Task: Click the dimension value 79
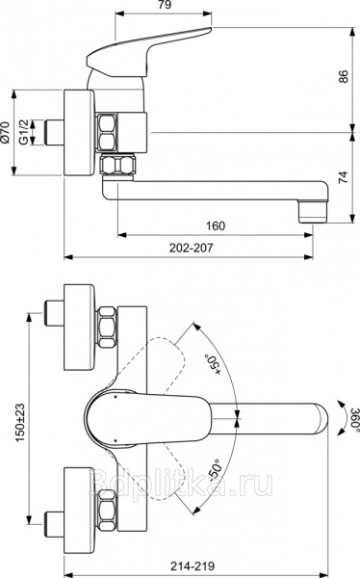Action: tap(165, 5)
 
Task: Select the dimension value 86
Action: tap(343, 76)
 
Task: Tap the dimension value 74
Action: tap(343, 177)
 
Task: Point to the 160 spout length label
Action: tap(216, 225)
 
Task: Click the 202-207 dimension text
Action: tap(192, 248)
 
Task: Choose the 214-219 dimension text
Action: tap(193, 565)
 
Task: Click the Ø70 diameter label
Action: tap(5, 132)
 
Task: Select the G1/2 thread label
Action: tap(24, 132)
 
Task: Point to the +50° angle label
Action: tap(214, 365)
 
